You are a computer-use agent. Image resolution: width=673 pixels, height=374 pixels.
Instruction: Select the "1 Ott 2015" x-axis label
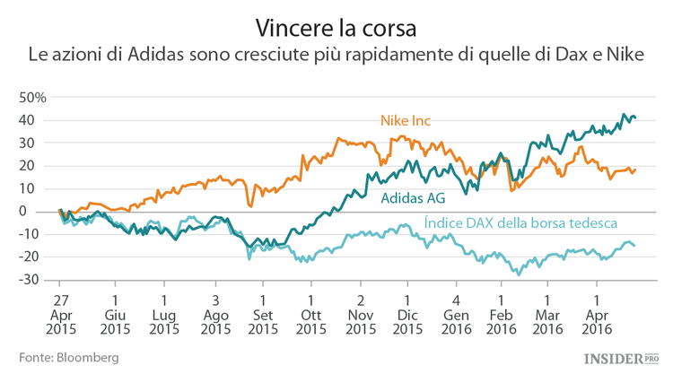(310, 314)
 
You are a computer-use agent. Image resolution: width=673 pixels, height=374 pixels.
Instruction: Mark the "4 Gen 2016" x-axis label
(456, 314)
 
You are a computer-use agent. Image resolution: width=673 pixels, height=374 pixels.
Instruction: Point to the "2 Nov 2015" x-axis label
(360, 314)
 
